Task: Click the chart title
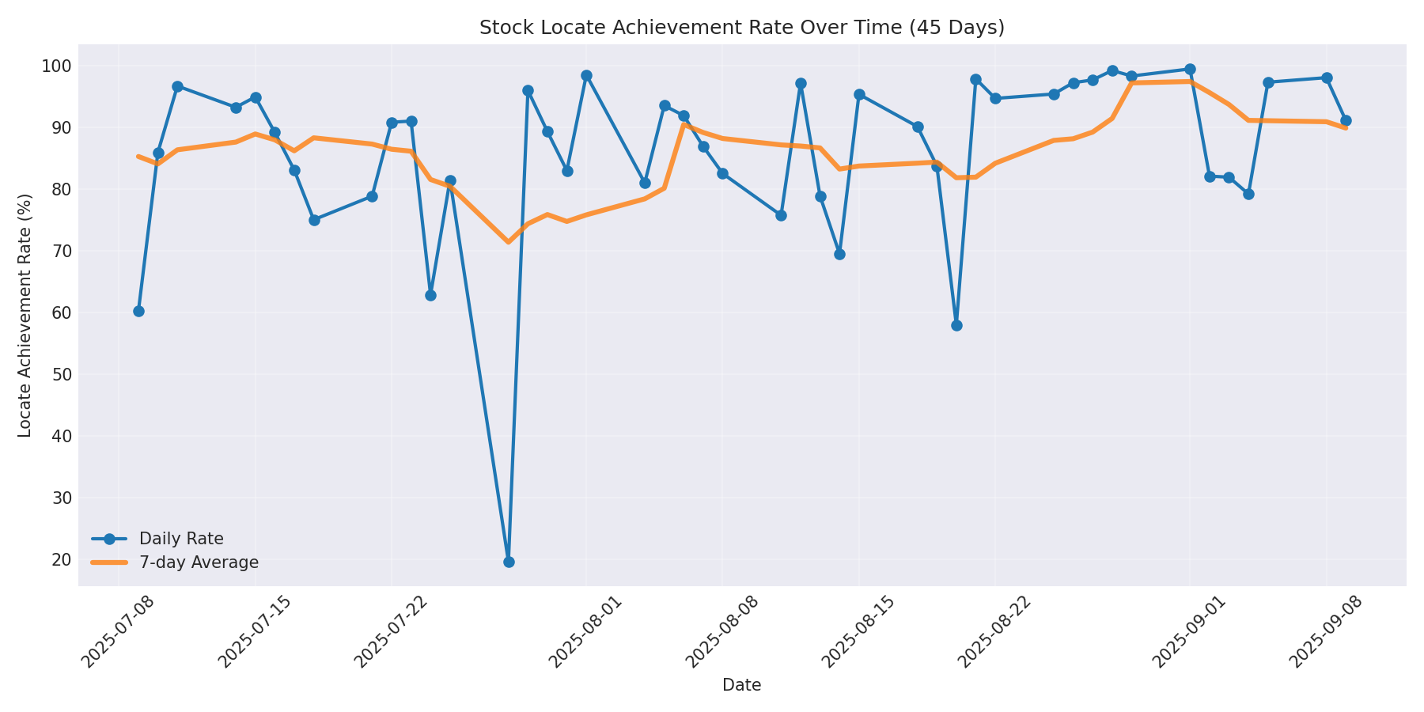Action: pyautogui.click(x=741, y=28)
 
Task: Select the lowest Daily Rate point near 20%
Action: pyautogui.click(x=509, y=562)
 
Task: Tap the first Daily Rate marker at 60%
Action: pyautogui.click(x=138, y=311)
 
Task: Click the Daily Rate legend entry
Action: pyautogui.click(x=180, y=539)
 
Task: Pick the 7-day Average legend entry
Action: pyautogui.click(x=198, y=562)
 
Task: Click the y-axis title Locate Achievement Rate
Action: pyautogui.click(x=25, y=315)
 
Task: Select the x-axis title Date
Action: pyautogui.click(x=741, y=685)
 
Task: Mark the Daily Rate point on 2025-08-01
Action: pyautogui.click(x=586, y=76)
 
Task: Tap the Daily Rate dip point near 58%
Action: pyautogui.click(x=956, y=325)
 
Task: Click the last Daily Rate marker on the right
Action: pyautogui.click(x=1346, y=120)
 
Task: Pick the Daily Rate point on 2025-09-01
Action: pyautogui.click(x=1190, y=70)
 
